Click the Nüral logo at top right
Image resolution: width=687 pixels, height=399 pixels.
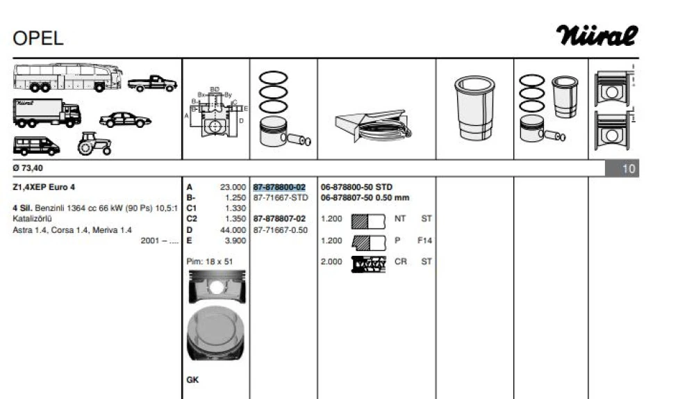click(x=597, y=35)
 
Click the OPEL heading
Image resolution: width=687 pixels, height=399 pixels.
click(x=38, y=39)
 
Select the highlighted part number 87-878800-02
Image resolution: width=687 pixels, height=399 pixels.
click(x=280, y=188)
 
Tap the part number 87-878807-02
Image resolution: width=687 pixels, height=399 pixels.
click(x=280, y=219)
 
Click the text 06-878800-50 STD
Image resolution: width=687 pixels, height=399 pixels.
click(x=356, y=188)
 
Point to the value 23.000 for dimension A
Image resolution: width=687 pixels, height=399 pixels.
click(x=233, y=188)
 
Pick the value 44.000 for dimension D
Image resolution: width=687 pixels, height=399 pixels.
click(x=233, y=230)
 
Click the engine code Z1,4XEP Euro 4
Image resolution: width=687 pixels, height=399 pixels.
click(x=43, y=188)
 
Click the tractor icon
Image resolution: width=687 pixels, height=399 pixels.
click(x=94, y=144)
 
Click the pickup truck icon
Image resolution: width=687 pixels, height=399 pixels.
click(x=152, y=83)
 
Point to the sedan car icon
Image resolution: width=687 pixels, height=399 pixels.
click(x=125, y=120)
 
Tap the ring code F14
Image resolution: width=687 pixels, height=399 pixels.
click(x=424, y=241)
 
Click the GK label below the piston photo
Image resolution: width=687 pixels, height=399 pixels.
click(x=192, y=380)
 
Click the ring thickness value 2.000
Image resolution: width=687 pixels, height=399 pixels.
click(x=331, y=262)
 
